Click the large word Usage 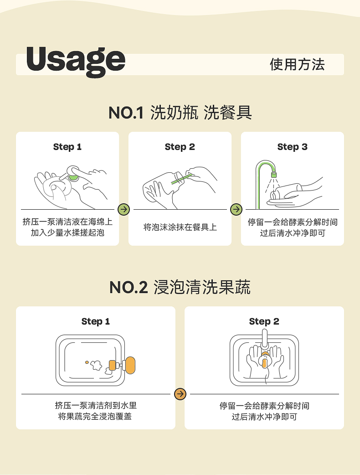(x=76, y=62)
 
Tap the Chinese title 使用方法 (x=297, y=64)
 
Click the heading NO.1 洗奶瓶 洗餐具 (x=180, y=113)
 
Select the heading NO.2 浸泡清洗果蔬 (x=180, y=287)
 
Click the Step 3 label (x=292, y=147)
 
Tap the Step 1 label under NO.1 (x=67, y=147)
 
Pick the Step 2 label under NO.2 (x=264, y=321)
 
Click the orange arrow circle (x=180, y=394)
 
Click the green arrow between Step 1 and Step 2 (x=123, y=209)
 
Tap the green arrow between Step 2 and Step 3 (x=236, y=209)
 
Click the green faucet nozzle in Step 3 (x=274, y=175)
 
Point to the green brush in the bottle (x=181, y=179)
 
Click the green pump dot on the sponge (x=73, y=175)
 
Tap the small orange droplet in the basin (x=87, y=362)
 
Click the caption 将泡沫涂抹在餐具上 (x=180, y=227)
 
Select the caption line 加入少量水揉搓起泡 (x=67, y=232)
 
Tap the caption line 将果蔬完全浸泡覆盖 (x=95, y=417)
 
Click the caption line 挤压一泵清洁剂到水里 (x=96, y=405)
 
